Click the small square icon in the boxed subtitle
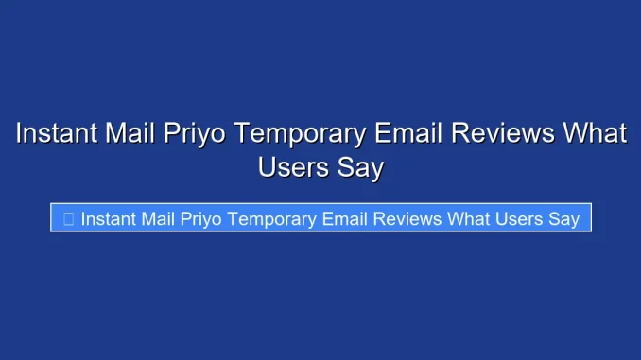click(x=68, y=219)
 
